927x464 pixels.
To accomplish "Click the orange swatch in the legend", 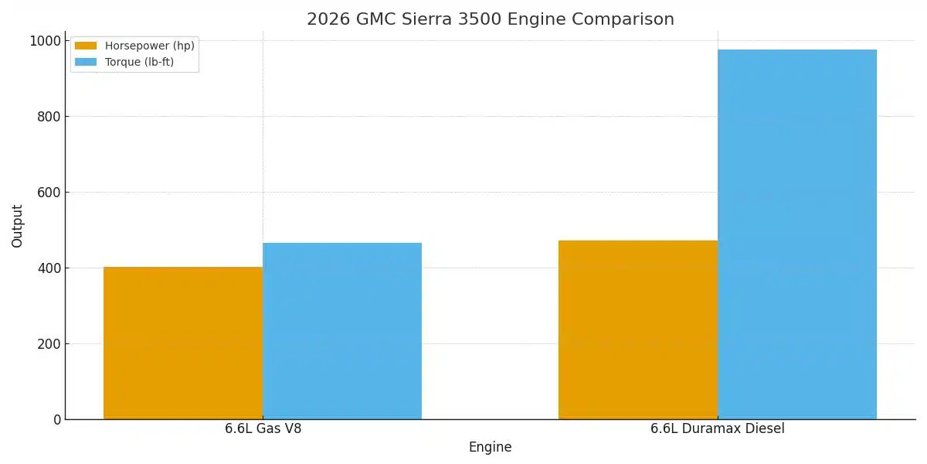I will pyautogui.click(x=86, y=46).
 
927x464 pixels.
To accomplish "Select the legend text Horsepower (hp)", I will pyautogui.click(x=150, y=46).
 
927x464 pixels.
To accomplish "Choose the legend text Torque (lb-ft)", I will pyautogui.click(x=140, y=63).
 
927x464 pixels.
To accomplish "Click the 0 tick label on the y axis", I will pyautogui.click(x=57, y=420).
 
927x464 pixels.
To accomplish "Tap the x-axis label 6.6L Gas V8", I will pyautogui.click(x=263, y=428).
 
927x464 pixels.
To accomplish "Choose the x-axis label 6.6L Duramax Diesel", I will pyautogui.click(x=718, y=428).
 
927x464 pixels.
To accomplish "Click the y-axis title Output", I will pyautogui.click(x=18, y=226).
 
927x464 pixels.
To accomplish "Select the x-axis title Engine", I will pyautogui.click(x=490, y=447).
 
